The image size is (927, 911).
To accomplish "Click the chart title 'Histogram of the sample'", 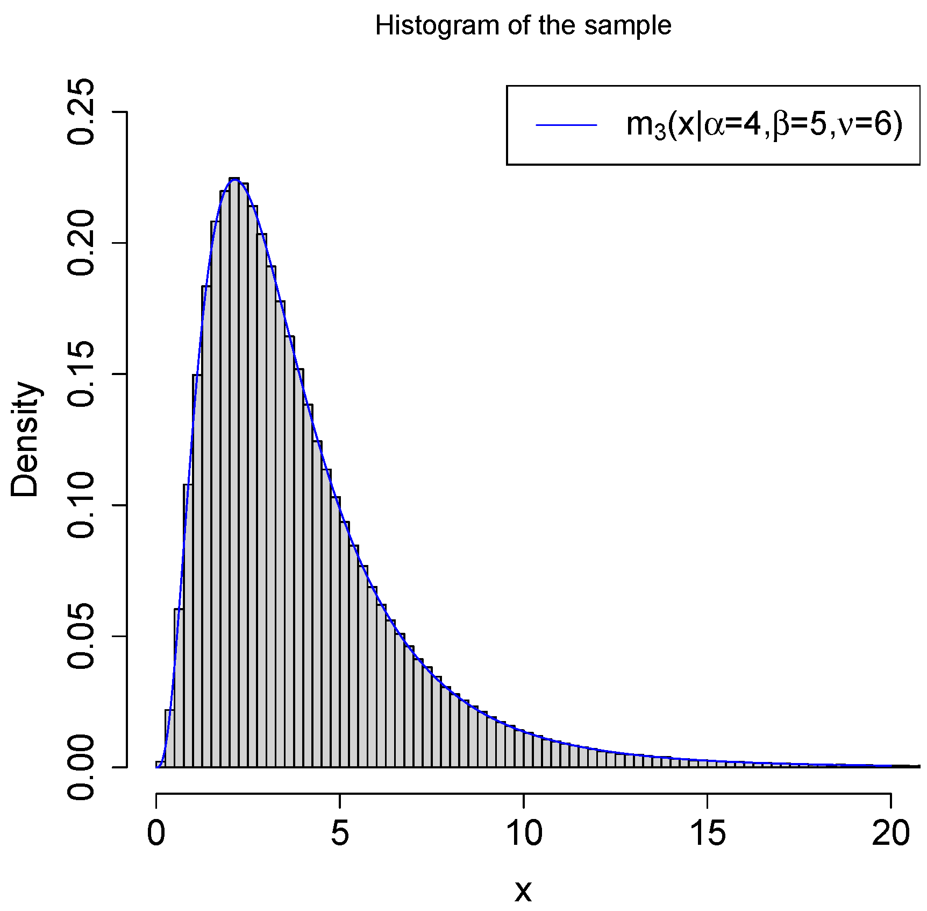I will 523,25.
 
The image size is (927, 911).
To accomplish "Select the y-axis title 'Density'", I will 25,439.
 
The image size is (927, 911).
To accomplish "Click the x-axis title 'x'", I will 523,891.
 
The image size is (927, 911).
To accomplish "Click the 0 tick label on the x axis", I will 156,833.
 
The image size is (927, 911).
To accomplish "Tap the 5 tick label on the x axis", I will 340,833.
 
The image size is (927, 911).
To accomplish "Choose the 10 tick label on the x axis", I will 524,833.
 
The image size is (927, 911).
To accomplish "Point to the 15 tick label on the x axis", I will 707,833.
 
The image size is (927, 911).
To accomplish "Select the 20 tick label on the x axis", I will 891,833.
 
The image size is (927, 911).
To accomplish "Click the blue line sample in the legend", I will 566,125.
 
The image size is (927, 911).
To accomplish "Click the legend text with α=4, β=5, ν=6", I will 764,125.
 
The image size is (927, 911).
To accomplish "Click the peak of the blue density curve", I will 234,179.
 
